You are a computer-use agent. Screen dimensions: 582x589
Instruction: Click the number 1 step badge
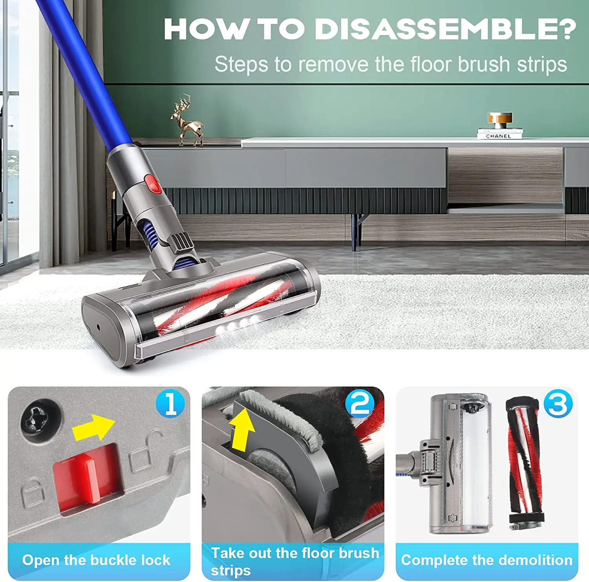click(170, 403)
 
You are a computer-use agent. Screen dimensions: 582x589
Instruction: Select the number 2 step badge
click(360, 403)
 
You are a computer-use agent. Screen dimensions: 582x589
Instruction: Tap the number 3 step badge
click(558, 403)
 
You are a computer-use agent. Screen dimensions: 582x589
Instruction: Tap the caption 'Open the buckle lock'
click(96, 560)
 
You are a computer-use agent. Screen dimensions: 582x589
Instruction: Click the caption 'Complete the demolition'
click(487, 560)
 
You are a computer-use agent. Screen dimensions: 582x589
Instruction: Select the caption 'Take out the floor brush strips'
click(294, 561)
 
